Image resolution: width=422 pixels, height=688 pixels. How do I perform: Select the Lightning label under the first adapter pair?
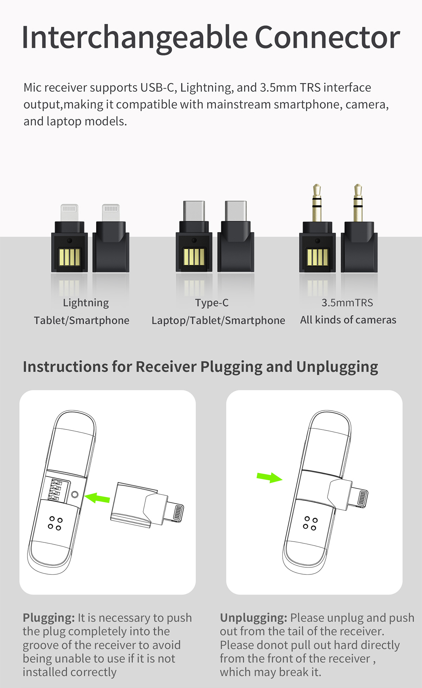tap(86, 303)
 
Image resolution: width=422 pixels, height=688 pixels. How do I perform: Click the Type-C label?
tap(212, 303)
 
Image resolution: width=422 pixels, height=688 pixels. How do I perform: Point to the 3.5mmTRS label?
tap(347, 303)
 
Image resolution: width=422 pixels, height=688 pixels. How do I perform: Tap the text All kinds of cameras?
tap(348, 320)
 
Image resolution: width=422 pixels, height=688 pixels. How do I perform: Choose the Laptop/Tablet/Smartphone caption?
tap(218, 320)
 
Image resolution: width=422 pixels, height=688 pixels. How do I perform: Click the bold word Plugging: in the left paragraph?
tap(49, 618)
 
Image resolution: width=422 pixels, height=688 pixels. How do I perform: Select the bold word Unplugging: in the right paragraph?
tap(253, 618)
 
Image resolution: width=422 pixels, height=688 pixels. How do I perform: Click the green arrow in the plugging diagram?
tap(97, 498)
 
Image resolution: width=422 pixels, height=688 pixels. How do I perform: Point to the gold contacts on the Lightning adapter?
tap(70, 257)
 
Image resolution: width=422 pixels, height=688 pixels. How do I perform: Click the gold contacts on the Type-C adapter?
tap(194, 257)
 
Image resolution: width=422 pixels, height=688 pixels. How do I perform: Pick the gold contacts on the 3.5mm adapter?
tap(317, 257)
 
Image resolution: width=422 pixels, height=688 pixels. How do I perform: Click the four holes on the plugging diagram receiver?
tap(55, 523)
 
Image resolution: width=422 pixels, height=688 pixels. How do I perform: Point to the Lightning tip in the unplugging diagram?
tap(362, 499)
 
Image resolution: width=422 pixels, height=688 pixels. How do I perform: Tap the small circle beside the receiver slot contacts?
tap(75, 495)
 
